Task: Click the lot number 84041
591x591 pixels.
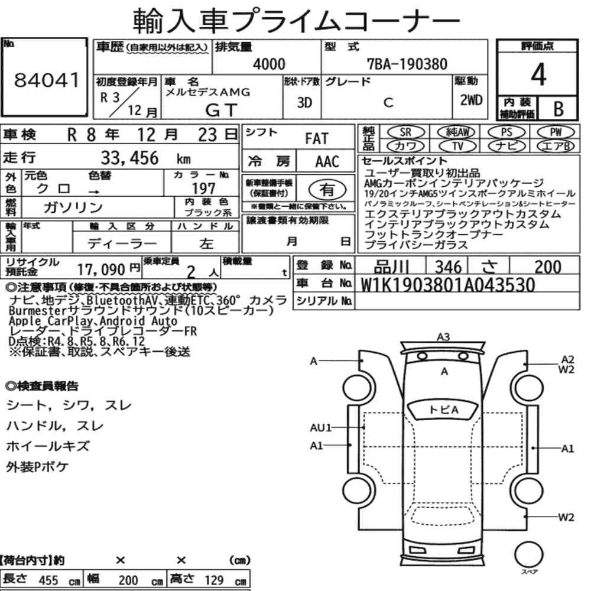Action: pos(47,80)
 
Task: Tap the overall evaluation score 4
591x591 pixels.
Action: pos(538,74)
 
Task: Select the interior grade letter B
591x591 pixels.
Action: pos(558,109)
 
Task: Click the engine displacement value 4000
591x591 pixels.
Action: pos(269,64)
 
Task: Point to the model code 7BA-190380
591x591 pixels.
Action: pos(407,64)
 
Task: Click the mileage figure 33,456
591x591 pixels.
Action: pos(129,158)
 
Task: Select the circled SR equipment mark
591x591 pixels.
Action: pos(405,132)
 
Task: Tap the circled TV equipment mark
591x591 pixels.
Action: pos(457,146)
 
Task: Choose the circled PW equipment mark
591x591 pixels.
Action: pos(556,132)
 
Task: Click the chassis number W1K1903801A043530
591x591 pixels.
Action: pos(448,285)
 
